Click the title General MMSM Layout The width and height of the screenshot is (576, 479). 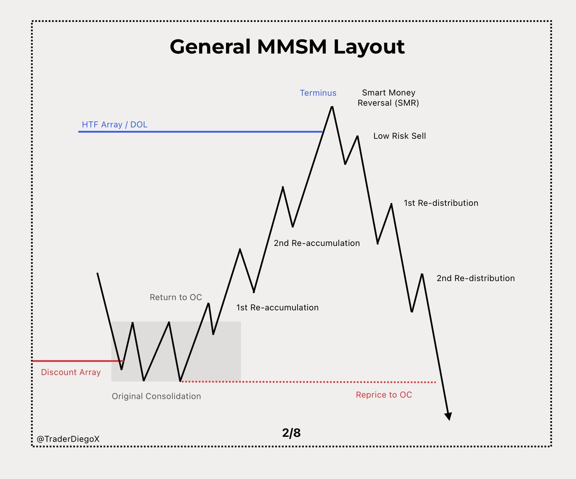(x=287, y=47)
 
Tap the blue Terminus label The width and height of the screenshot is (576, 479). (x=318, y=93)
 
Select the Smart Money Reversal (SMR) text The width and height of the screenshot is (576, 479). (x=388, y=98)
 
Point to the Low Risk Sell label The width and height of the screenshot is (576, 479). (x=399, y=136)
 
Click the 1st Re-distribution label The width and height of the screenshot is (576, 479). (x=441, y=203)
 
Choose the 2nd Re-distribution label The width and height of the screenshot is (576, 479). (x=475, y=278)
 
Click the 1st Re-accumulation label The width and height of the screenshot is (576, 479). (x=277, y=307)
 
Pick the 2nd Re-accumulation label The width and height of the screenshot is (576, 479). (x=317, y=243)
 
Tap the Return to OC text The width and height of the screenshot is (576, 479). (x=176, y=297)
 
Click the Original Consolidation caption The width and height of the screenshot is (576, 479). (x=156, y=396)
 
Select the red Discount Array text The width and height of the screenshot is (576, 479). (x=71, y=372)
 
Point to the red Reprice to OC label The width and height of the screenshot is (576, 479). (x=384, y=395)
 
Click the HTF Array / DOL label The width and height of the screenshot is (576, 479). (x=114, y=125)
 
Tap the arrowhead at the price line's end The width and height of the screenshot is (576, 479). (x=448, y=416)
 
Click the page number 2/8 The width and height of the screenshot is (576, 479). (x=291, y=433)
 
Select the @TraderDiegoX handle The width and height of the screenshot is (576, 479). (x=68, y=439)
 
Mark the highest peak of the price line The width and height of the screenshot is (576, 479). (x=332, y=107)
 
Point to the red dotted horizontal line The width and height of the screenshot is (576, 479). (x=307, y=382)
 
